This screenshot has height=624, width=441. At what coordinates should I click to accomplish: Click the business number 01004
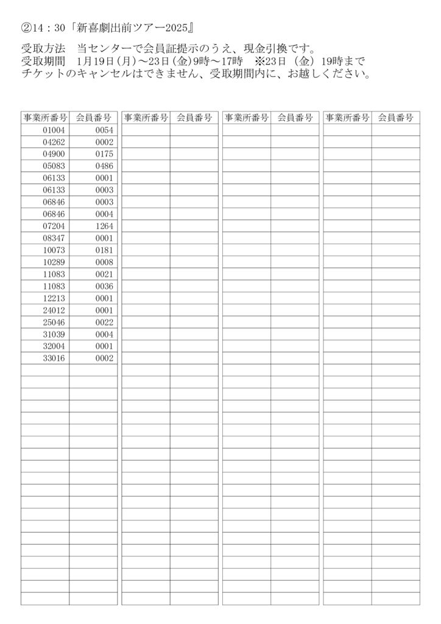54,130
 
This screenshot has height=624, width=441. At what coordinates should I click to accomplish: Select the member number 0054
104,130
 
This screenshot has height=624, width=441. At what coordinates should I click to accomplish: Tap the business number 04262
54,142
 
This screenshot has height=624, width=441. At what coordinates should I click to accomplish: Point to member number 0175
104,154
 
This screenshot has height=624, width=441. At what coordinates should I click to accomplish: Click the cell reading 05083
54,166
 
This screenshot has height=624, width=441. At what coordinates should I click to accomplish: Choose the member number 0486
104,166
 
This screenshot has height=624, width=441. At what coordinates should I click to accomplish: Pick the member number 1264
104,226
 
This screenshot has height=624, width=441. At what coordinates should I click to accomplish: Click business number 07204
54,226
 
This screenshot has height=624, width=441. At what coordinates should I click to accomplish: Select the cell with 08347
54,238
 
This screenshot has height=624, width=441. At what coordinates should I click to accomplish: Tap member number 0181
104,250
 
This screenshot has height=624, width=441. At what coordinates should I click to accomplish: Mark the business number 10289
54,262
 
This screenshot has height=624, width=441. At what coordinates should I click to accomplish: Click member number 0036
104,286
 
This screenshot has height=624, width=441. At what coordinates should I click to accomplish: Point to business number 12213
54,298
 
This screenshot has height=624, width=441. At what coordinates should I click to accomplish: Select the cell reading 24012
54,310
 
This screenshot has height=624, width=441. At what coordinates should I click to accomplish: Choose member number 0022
104,322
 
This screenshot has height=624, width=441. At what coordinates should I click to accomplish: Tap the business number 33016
54,358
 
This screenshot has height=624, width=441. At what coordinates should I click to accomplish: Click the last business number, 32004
54,346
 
